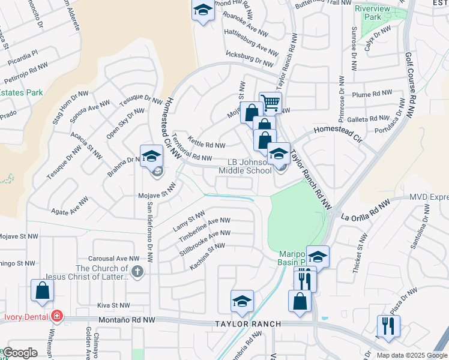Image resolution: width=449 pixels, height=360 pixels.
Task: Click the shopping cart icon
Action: click(271, 103)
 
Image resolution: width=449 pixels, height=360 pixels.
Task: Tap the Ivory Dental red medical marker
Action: click(56, 315)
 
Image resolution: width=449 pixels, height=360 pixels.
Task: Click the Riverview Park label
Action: click(376, 13)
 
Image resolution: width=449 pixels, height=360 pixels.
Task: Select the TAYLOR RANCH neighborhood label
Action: click(249, 324)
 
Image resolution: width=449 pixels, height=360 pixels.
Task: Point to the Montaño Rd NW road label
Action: click(127, 322)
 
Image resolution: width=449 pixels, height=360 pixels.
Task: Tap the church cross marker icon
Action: click(137, 271)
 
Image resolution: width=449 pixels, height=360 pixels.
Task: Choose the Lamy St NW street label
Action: click(188, 221)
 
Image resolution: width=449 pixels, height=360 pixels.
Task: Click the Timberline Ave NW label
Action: click(204, 229)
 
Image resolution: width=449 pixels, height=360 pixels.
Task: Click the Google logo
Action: click(20, 353)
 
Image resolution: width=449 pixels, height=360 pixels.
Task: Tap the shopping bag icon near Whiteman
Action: click(43, 290)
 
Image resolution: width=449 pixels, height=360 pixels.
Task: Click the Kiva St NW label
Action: click(113, 305)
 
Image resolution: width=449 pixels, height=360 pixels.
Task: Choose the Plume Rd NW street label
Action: click(372, 94)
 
